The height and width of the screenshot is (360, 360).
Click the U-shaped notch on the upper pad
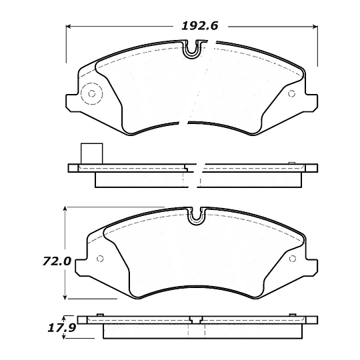(193, 49)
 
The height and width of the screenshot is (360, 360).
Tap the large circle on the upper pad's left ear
(89, 95)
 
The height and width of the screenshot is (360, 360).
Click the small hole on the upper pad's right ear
(291, 93)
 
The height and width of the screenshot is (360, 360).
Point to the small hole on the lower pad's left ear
(100, 259)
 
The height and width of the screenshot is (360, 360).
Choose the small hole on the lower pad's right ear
(291, 257)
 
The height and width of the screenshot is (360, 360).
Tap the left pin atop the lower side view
(98, 315)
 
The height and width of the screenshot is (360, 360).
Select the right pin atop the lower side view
(291, 315)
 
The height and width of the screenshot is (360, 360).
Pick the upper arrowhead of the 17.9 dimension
(65, 318)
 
